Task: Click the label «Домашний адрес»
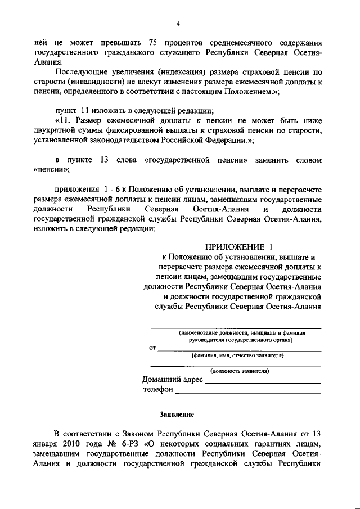172,380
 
